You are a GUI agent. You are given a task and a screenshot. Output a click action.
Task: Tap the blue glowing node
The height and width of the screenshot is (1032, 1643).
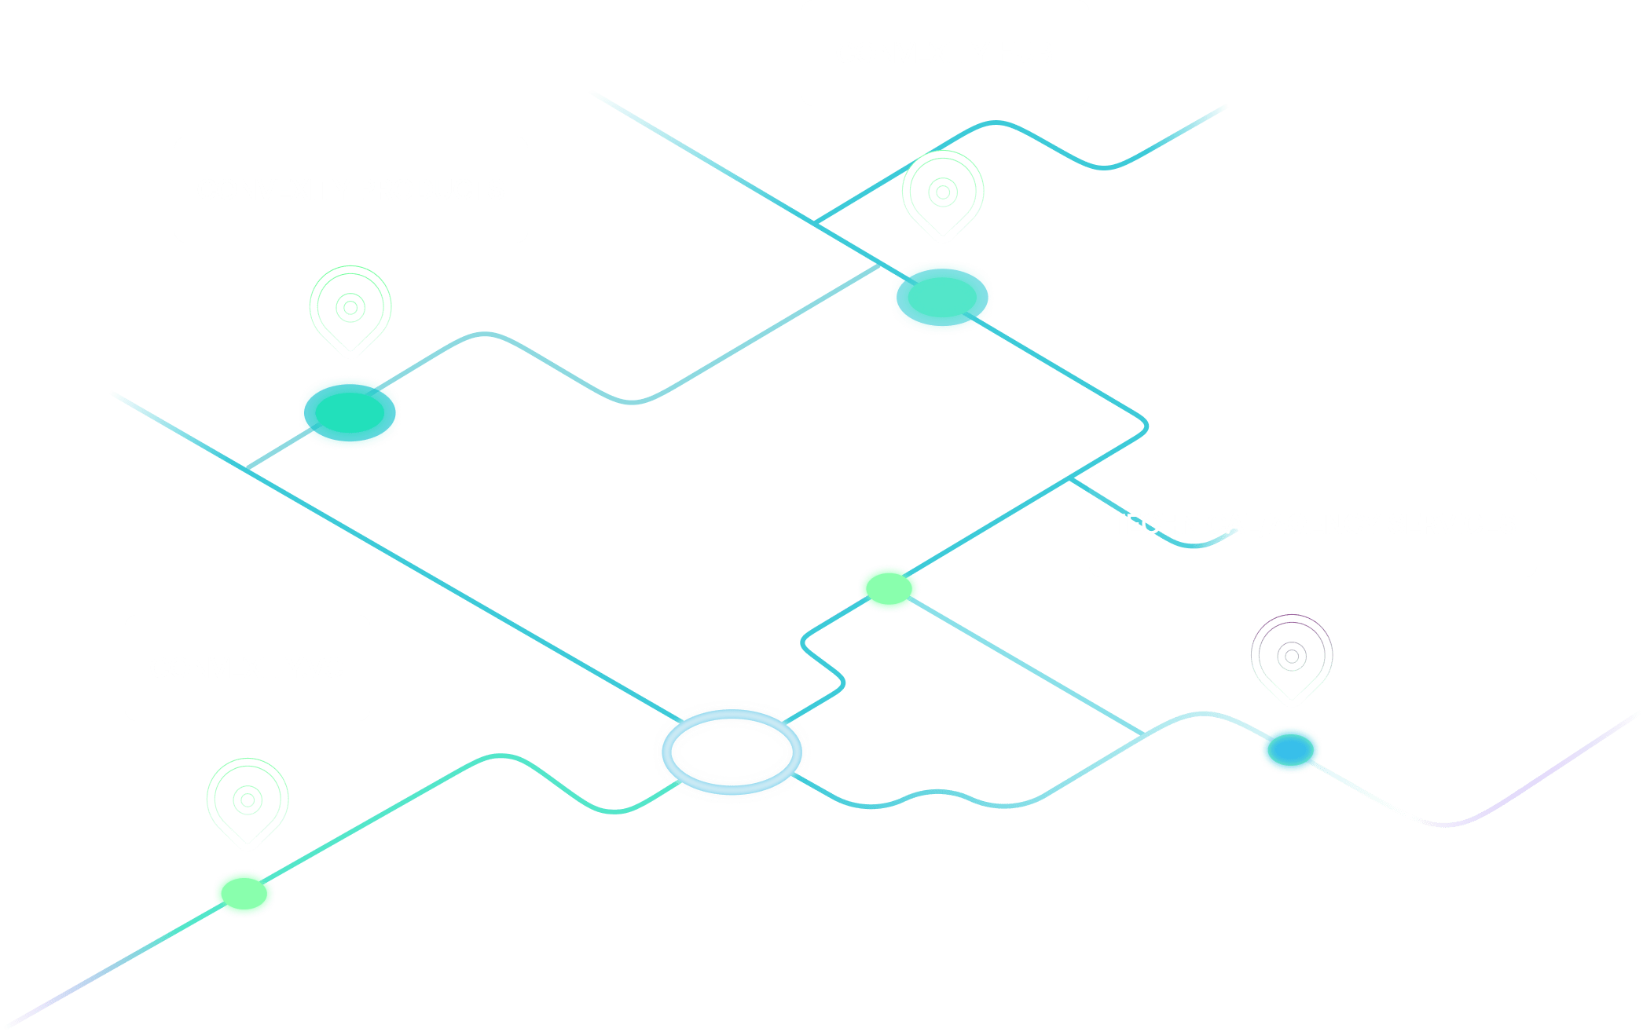coord(1290,748)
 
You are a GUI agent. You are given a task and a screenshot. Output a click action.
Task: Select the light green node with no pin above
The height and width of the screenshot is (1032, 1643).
coord(889,587)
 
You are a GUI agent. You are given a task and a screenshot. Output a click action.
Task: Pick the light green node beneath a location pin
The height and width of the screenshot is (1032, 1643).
coord(244,893)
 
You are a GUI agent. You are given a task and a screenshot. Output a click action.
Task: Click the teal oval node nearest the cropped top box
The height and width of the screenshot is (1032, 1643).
coord(941,297)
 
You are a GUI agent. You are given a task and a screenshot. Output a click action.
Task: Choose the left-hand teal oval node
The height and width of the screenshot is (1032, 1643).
coord(350,412)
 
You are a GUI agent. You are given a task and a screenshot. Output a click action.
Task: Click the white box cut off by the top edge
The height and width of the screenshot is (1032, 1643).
coord(944,53)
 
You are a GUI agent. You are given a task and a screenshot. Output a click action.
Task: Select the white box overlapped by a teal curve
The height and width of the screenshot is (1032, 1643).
coord(1312,524)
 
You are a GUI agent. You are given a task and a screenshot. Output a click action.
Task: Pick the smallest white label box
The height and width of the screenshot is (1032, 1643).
coord(248,668)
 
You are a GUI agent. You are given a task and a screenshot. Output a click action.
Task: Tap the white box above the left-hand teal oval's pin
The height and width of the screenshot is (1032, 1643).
coord(350,189)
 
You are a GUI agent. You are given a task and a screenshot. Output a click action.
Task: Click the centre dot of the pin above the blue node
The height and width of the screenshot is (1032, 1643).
coord(1292,655)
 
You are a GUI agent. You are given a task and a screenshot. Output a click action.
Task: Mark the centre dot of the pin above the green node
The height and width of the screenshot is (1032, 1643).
coord(248,800)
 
